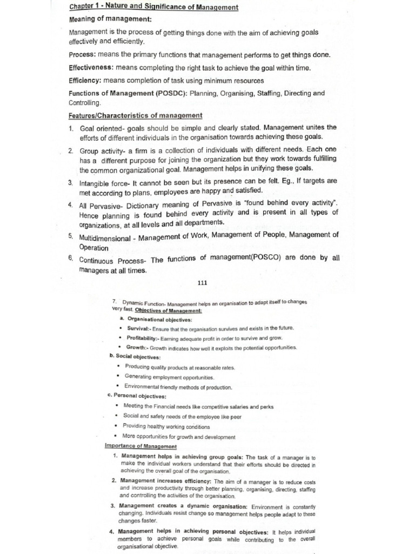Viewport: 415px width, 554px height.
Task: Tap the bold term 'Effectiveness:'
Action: coord(91,68)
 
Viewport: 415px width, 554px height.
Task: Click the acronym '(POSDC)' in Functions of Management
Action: coord(166,93)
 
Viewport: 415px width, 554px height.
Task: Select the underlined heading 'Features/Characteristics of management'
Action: coord(136,115)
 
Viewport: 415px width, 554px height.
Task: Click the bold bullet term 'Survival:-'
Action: coord(139,328)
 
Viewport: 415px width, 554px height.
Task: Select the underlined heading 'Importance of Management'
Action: coord(140,446)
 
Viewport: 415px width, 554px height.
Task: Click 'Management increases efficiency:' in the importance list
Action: coord(166,480)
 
